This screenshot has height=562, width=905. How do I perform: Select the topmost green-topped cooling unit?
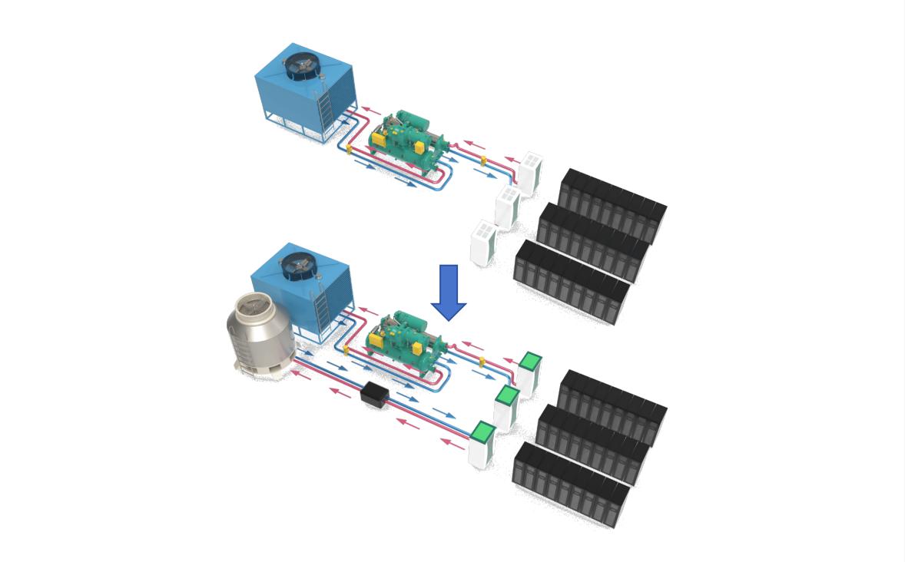point(529,373)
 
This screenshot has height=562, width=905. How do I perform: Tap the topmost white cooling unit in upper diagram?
point(530,173)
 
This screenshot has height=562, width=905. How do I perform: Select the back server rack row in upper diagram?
point(613,203)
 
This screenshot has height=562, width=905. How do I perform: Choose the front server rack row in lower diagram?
point(570,484)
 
